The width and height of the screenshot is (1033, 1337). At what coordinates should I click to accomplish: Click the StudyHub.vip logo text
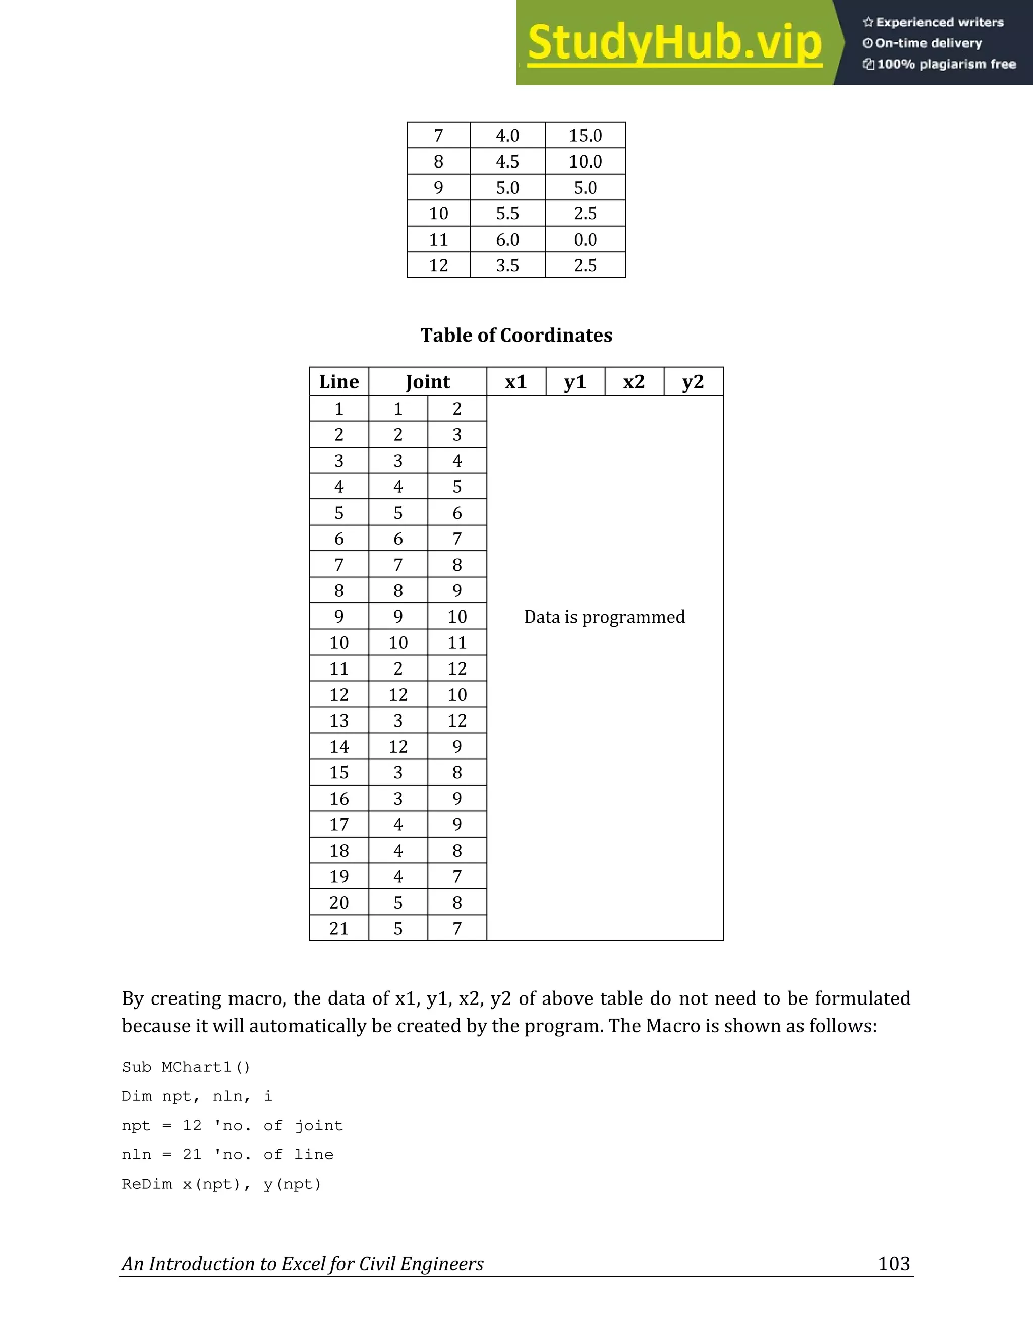[x=674, y=43]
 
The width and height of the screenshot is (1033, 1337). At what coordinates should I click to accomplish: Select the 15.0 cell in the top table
[x=585, y=135]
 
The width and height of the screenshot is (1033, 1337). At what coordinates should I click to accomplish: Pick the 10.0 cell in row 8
[x=585, y=161]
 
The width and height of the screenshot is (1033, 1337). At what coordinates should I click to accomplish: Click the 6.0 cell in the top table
[x=507, y=239]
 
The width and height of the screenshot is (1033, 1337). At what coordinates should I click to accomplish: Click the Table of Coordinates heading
[x=516, y=335]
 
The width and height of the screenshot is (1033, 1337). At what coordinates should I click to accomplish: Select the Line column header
[x=338, y=382]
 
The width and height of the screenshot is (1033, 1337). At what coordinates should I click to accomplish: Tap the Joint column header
[x=427, y=382]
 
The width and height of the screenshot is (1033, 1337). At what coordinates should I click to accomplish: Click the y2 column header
[x=693, y=382]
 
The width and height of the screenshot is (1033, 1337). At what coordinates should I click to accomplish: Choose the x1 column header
[x=515, y=382]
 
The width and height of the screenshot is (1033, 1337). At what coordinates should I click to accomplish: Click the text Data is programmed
[x=604, y=617]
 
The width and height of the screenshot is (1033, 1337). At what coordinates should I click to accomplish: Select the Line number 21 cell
[x=338, y=929]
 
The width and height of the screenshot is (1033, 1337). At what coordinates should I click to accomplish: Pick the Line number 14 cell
[x=338, y=747]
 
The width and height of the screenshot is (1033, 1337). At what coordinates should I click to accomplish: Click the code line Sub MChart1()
[x=186, y=1067]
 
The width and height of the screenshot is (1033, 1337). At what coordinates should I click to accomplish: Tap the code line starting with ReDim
[x=221, y=1184]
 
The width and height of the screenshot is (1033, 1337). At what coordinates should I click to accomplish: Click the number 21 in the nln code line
[x=192, y=1154]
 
